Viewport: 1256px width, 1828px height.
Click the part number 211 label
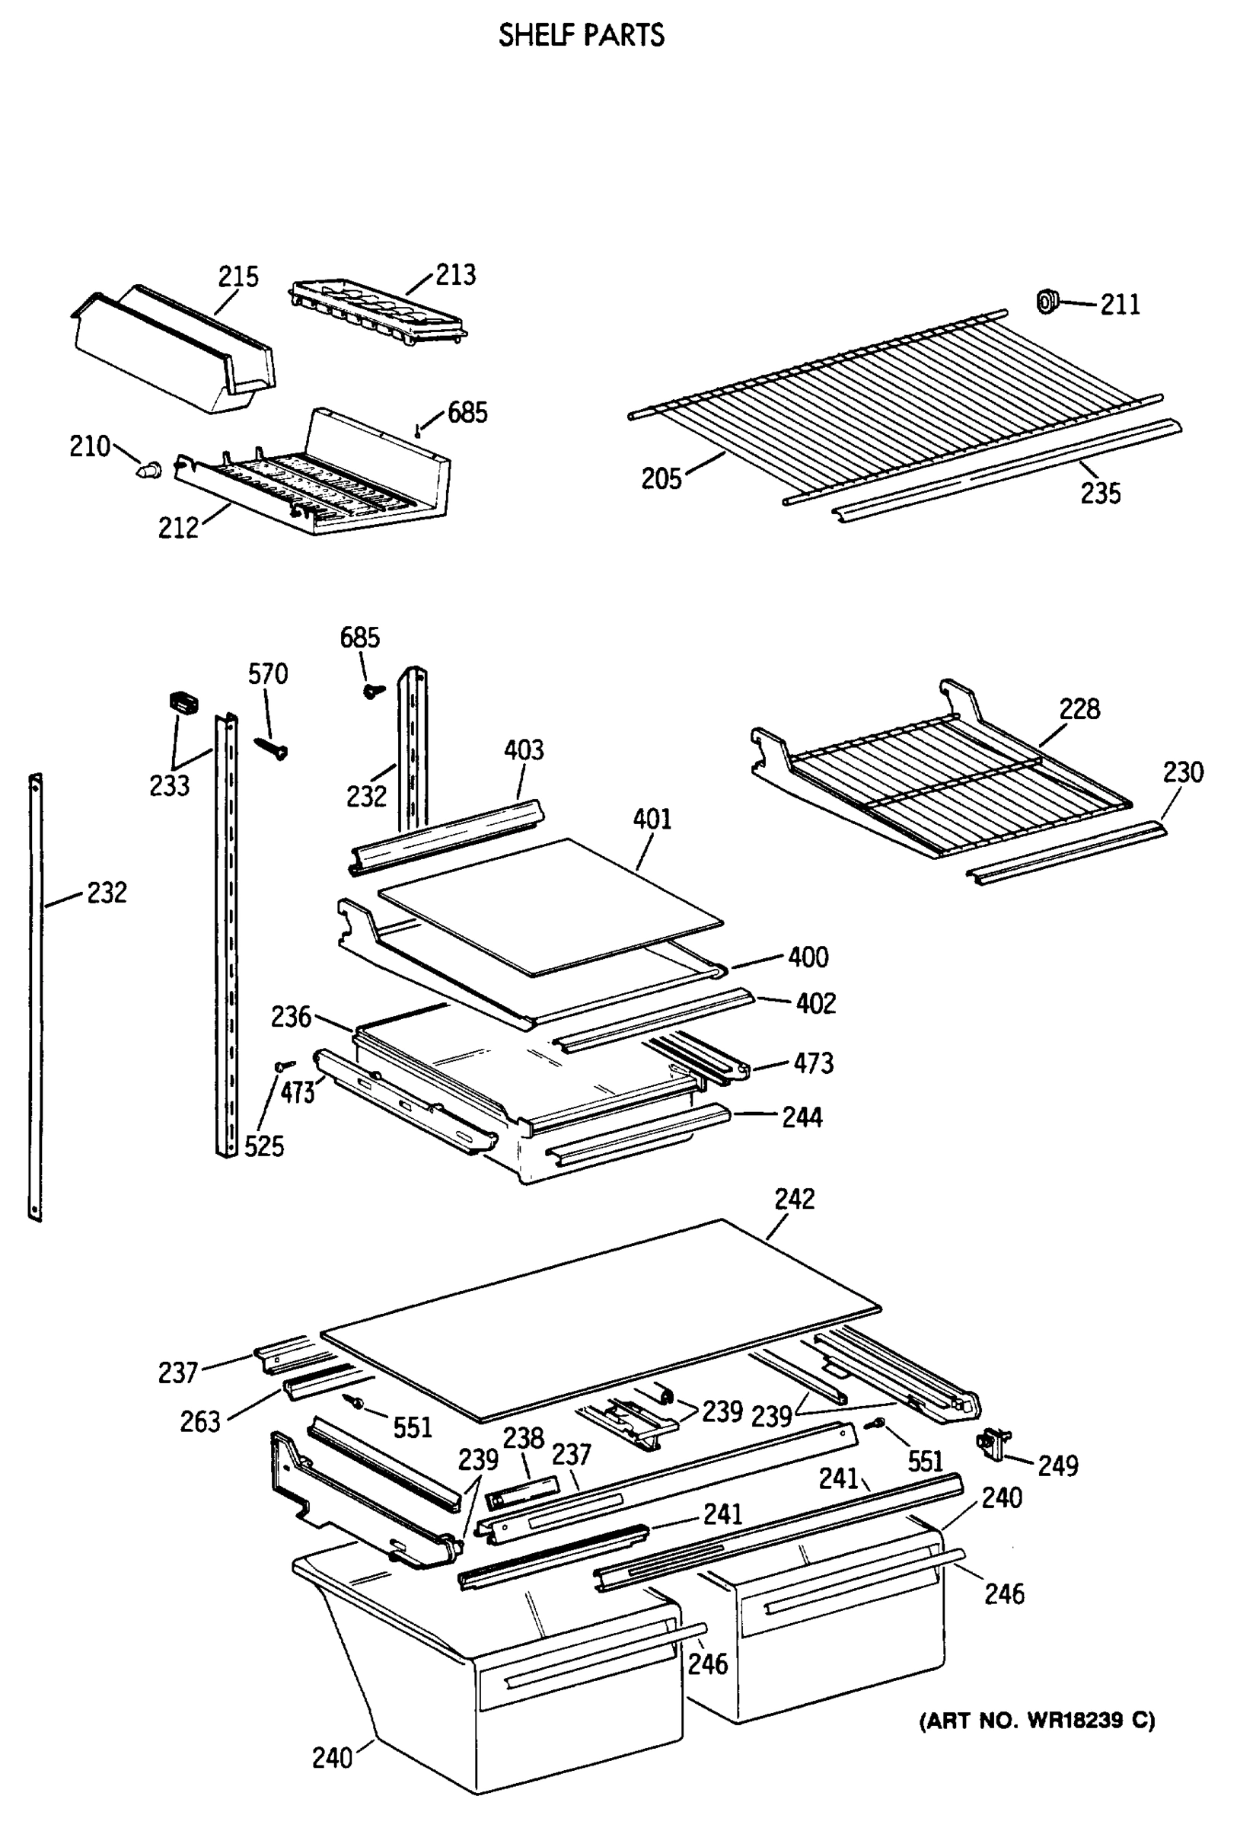[x=1119, y=304]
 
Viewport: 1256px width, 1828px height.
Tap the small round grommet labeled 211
[x=1047, y=301]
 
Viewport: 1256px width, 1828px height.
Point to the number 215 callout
[x=237, y=276]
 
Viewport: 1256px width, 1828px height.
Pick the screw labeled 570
[x=272, y=747]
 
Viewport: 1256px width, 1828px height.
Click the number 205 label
[x=661, y=478]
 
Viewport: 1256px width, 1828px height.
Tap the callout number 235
[x=1099, y=494]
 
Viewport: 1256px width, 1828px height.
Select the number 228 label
[x=1079, y=708]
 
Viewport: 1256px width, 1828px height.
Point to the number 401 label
[x=652, y=820]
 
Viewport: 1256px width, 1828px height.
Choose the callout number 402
[x=815, y=1004]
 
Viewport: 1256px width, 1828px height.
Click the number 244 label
[x=801, y=1117]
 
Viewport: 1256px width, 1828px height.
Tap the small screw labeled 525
[x=284, y=1065]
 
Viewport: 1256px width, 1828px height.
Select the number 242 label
[x=794, y=1199]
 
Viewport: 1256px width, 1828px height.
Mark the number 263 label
[x=200, y=1422]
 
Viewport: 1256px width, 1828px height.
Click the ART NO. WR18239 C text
[x=1037, y=1721]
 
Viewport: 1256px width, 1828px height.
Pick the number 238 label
[x=524, y=1438]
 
